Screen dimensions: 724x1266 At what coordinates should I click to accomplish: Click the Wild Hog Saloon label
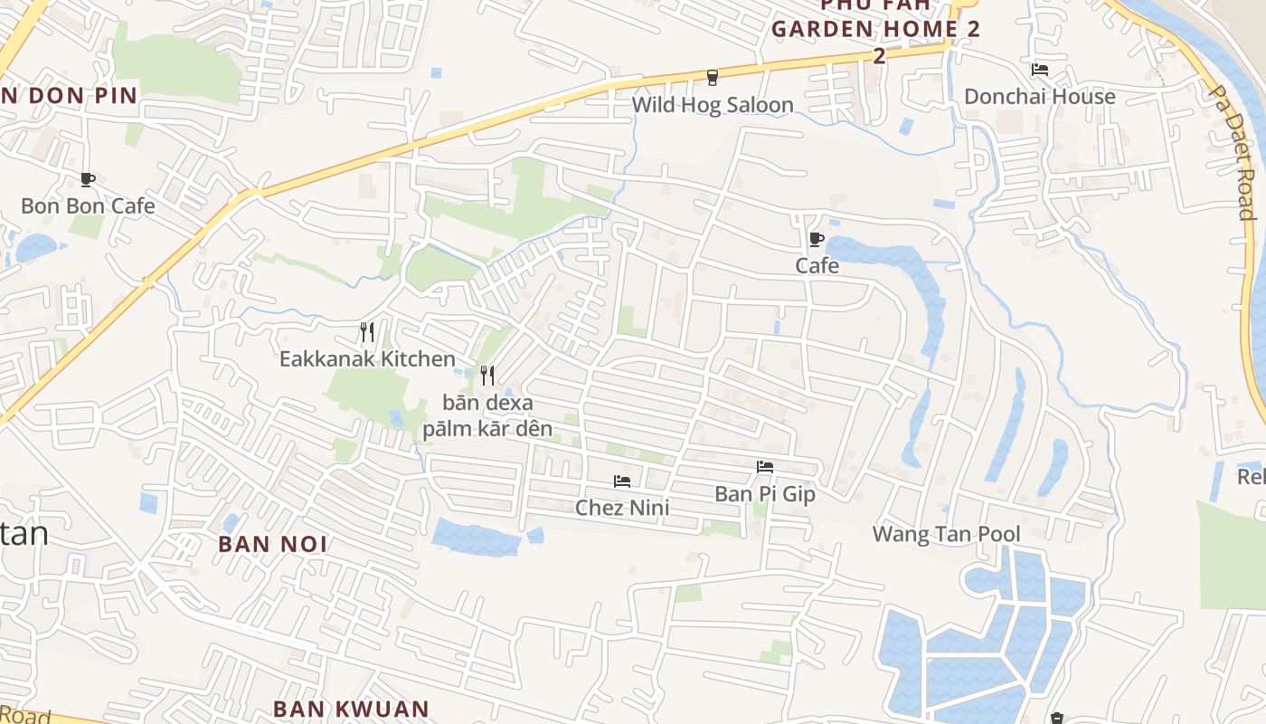pyautogui.click(x=713, y=105)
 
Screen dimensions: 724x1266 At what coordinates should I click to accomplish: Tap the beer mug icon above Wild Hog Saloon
pyautogui.click(x=713, y=77)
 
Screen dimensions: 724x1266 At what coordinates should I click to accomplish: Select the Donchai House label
pyautogui.click(x=1039, y=97)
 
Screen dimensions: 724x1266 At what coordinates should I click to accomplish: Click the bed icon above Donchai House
pyautogui.click(x=1040, y=69)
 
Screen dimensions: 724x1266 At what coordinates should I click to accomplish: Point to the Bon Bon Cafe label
pyautogui.click(x=88, y=205)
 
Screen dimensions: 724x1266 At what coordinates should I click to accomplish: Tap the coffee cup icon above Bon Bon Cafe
pyautogui.click(x=88, y=179)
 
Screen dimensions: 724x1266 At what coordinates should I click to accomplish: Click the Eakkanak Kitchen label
pyautogui.click(x=367, y=359)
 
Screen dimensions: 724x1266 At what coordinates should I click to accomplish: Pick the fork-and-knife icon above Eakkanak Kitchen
pyautogui.click(x=367, y=332)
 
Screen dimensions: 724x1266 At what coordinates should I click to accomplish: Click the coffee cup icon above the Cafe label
pyautogui.click(x=817, y=239)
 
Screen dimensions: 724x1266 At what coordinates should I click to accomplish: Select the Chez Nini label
pyautogui.click(x=622, y=508)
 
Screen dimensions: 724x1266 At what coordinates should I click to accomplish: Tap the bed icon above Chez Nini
pyautogui.click(x=622, y=481)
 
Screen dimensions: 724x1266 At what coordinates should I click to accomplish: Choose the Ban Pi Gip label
pyautogui.click(x=765, y=494)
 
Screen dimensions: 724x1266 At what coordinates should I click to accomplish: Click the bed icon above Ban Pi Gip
pyautogui.click(x=765, y=467)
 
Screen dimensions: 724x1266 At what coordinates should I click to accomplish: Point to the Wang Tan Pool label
pyautogui.click(x=946, y=534)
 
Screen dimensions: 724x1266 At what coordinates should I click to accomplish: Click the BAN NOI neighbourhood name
pyautogui.click(x=273, y=544)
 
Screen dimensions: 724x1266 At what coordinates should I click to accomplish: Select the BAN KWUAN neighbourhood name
pyautogui.click(x=351, y=709)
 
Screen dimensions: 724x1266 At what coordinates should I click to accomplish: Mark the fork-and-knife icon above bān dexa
pyautogui.click(x=488, y=375)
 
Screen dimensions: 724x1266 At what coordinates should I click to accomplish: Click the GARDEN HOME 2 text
pyautogui.click(x=875, y=28)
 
